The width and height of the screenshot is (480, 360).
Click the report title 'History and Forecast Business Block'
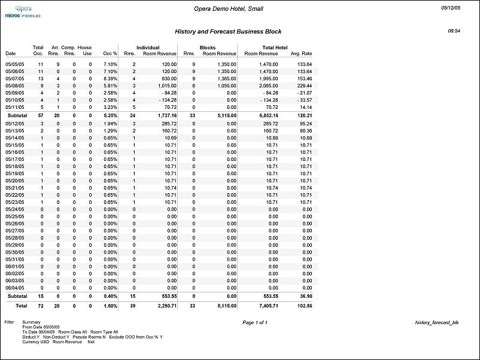pos(228,31)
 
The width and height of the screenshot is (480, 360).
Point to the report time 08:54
pos(454,30)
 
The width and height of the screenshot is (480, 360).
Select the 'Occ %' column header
pos(110,54)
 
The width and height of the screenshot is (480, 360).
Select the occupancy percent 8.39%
pos(110,78)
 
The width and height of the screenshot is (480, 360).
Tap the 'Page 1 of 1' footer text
pos(255,323)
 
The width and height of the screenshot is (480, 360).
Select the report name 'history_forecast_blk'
pos(436,323)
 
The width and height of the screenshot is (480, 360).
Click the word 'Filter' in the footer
pos(9,322)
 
